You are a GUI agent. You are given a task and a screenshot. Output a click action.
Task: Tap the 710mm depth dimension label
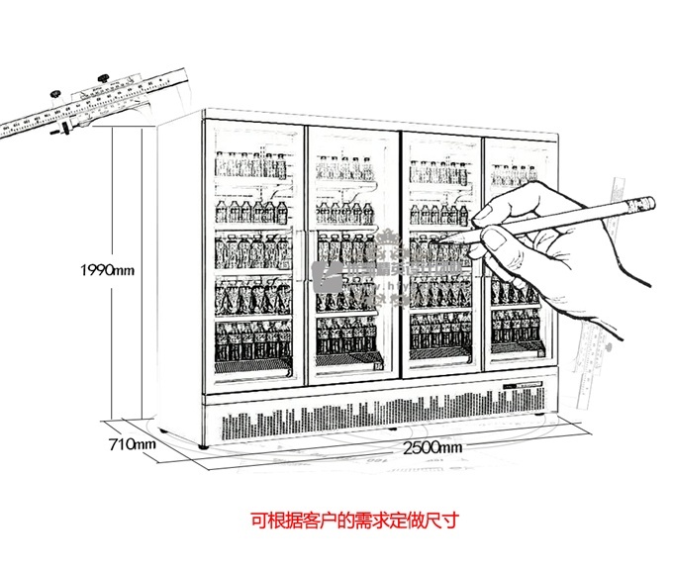132,444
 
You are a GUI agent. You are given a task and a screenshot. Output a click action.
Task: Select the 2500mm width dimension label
433,447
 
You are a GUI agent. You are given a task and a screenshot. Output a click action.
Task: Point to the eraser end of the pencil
642,204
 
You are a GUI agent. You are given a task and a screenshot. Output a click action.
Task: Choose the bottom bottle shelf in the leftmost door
253,341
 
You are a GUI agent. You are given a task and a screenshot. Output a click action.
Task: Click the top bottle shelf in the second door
343,168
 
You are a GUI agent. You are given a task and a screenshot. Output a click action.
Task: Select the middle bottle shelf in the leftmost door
251,251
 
